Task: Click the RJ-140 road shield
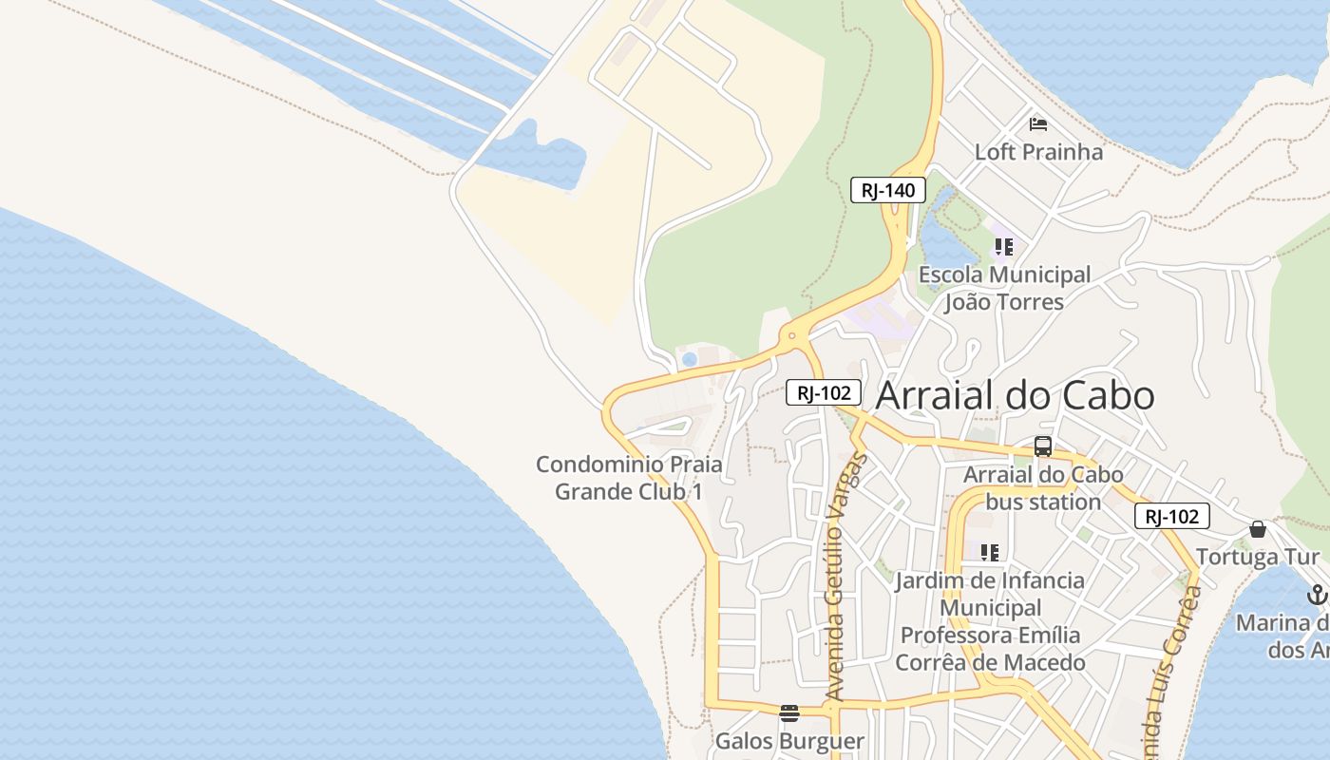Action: [x=887, y=190]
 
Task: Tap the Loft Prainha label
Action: [x=1038, y=152]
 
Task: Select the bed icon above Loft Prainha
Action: [x=1038, y=124]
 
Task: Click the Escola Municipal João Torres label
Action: [x=1004, y=289]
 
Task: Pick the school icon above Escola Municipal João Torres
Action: [x=1004, y=248]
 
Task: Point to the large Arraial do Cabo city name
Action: [x=1015, y=395]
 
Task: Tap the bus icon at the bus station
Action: [x=1043, y=446]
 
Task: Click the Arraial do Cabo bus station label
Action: [x=1043, y=488]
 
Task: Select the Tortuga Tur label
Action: [x=1258, y=557]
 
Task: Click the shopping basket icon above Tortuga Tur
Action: [x=1258, y=529]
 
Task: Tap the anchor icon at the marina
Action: [x=1317, y=596]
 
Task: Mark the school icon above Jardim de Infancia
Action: [x=990, y=552]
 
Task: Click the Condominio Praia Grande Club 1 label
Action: [x=629, y=479]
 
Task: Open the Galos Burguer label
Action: [x=789, y=741]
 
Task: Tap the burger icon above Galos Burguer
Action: [x=789, y=713]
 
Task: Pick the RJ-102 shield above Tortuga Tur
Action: [x=1171, y=517]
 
